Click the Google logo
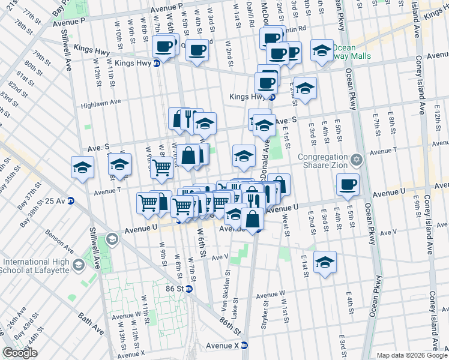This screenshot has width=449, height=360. tap(20, 353)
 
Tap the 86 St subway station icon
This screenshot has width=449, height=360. tap(188, 289)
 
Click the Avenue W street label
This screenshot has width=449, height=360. tap(270, 295)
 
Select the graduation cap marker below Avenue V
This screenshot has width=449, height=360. tap(325, 262)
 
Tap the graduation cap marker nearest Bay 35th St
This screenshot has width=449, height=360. tap(82, 168)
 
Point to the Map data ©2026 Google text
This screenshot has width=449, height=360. tap(412, 355)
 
